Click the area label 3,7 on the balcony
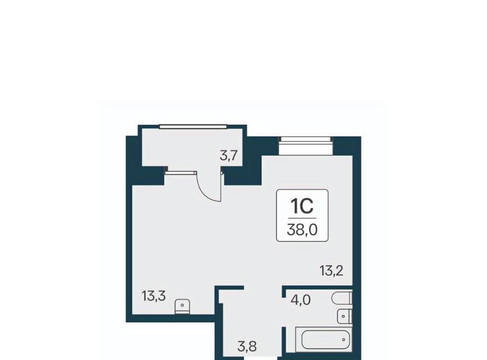click(229, 155)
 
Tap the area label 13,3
click(154, 296)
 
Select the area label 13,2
click(331, 271)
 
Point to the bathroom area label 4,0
click(301, 300)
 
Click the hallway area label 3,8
click(247, 346)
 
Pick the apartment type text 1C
click(302, 206)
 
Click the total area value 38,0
click(302, 230)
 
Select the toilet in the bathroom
click(342, 298)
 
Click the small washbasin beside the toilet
click(344, 316)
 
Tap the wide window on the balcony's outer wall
click(193, 126)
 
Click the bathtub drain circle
click(343, 340)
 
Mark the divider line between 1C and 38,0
click(302, 218)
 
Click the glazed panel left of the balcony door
click(181, 172)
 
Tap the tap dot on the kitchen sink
click(182, 305)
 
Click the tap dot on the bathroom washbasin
click(343, 316)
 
